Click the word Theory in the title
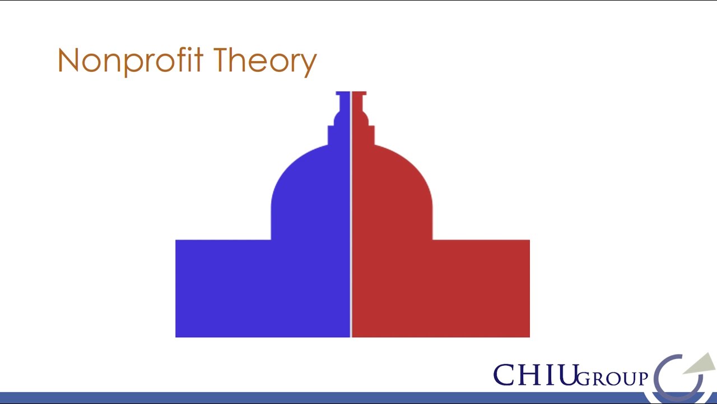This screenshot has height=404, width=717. tap(265, 61)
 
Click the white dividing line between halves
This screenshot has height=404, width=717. tap(351, 224)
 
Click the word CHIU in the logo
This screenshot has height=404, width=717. tap(535, 375)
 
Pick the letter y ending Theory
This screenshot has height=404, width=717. tap(309, 64)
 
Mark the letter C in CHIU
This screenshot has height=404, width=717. tap(504, 375)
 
